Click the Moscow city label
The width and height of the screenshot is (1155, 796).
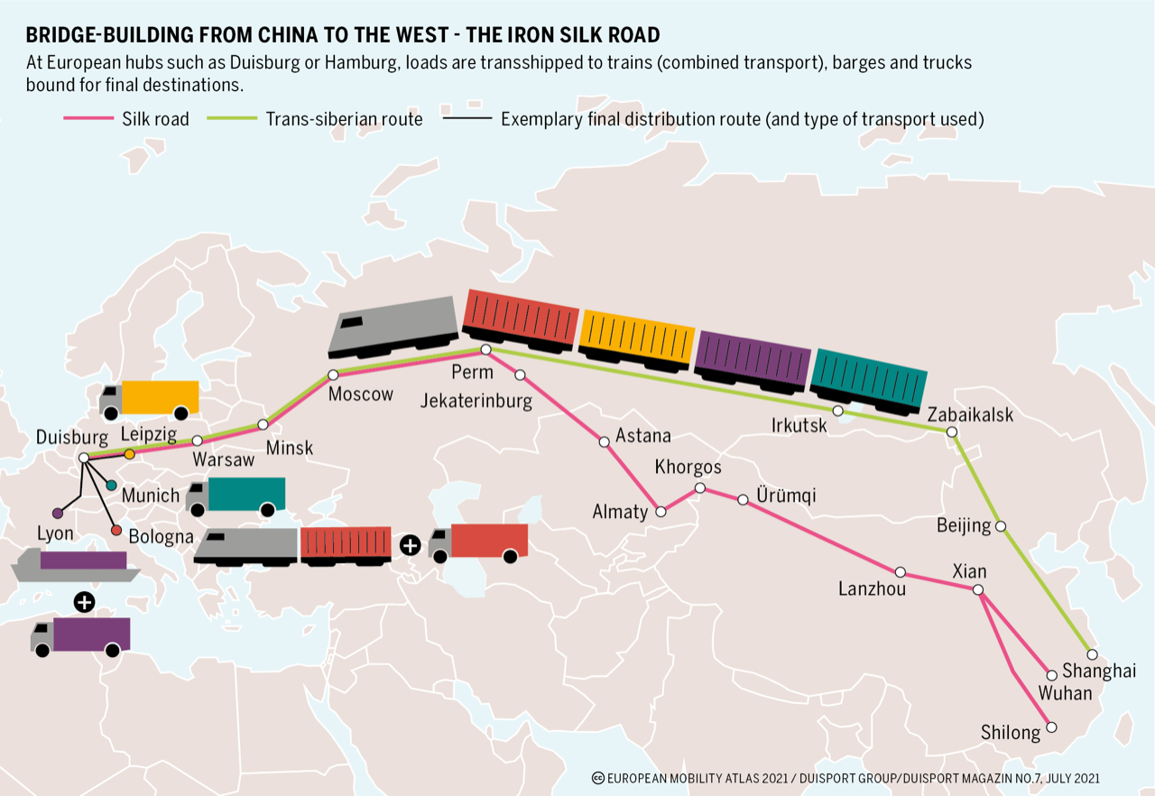click(361, 394)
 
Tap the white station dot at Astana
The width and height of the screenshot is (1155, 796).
click(604, 441)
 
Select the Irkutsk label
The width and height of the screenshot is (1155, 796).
click(799, 425)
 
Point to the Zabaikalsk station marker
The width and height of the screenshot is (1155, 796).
click(951, 431)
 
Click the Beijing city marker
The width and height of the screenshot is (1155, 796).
click(1000, 525)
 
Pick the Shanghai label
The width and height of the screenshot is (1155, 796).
click(1099, 671)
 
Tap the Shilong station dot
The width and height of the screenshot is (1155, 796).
click(1050, 727)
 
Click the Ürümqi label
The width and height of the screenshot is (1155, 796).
click(787, 495)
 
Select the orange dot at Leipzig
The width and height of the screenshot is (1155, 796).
click(129, 454)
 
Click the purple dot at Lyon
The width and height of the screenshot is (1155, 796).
click(58, 513)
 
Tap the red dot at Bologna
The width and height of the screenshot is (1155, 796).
click(116, 531)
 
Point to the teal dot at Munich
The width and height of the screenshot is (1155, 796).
click(111, 486)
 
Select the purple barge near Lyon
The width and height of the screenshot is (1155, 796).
click(76, 565)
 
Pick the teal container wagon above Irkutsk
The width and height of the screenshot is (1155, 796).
click(869, 380)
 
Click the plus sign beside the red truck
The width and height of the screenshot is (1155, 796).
click(410, 545)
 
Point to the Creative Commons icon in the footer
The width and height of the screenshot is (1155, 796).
click(597, 778)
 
